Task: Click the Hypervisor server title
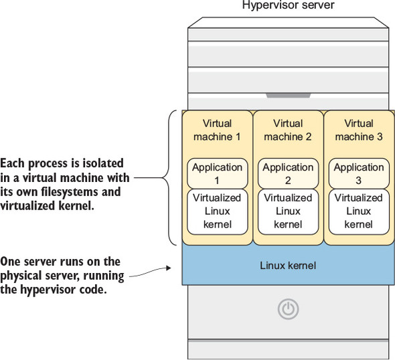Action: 288,5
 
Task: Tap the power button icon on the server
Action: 288,309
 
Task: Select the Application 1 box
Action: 218,173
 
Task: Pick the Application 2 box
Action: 288,173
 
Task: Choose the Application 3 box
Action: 359,173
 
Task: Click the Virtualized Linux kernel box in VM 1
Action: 218,211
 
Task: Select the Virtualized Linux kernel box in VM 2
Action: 288,211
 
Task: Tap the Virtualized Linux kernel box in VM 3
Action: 359,211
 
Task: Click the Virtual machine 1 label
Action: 217,130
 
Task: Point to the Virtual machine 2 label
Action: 288,130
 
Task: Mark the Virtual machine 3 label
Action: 359,130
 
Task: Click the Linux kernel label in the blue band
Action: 288,266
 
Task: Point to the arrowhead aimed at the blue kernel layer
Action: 169,268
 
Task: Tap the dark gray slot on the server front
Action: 289,96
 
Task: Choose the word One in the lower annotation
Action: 10,262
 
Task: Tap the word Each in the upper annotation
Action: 12,163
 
